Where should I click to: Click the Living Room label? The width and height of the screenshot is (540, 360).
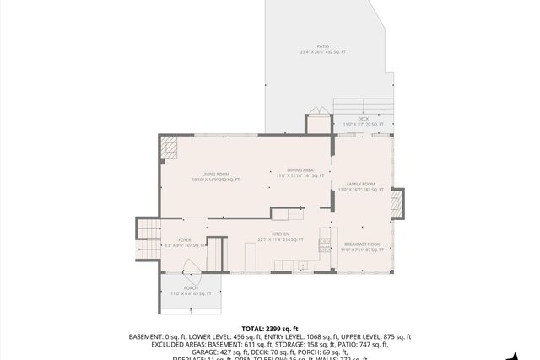215,175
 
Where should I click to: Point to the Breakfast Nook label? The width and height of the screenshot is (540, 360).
362,246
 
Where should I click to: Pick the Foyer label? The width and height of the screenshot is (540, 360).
184,241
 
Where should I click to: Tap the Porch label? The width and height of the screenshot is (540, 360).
191,290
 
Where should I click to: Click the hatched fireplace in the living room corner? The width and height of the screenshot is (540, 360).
170,148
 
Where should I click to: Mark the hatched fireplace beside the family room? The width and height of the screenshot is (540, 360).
397,202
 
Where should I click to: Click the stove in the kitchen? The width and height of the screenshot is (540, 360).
324,245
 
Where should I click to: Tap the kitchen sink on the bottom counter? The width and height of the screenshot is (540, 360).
302,266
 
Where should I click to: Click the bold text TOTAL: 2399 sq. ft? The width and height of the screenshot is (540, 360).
270,329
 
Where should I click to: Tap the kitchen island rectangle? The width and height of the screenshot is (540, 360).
287,213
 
